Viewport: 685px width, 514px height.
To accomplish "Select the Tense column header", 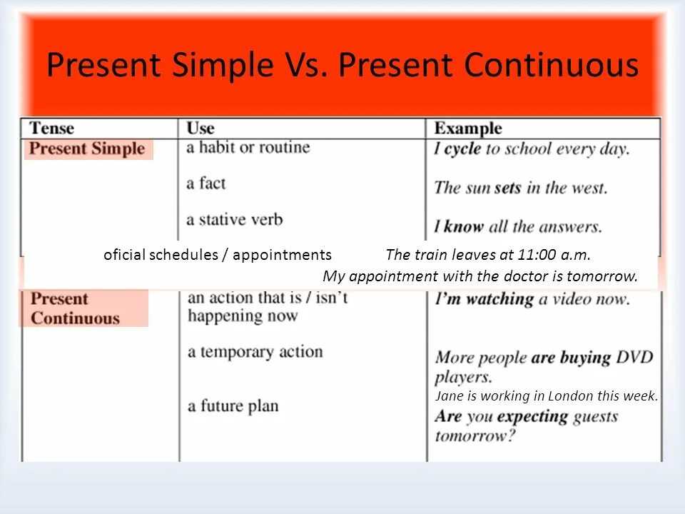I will pyautogui.click(x=51, y=128).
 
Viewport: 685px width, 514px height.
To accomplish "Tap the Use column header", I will pyautogui.click(x=201, y=128).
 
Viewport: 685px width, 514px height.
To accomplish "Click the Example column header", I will pyautogui.click(x=468, y=128).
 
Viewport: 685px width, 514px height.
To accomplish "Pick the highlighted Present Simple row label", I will pyautogui.click(x=88, y=149).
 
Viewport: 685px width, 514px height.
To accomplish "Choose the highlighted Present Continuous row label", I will pyautogui.click(x=75, y=308).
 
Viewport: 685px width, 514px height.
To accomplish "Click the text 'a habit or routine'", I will pyautogui.click(x=248, y=148).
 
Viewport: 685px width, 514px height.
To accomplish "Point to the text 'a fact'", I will pyautogui.click(x=205, y=183).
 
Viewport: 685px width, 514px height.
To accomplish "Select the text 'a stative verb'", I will pyautogui.click(x=234, y=219).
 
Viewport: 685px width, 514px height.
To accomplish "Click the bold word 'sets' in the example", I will pyautogui.click(x=507, y=188).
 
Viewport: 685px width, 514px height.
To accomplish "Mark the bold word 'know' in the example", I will pyautogui.click(x=464, y=227).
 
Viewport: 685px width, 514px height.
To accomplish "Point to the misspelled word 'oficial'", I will pyautogui.click(x=125, y=255).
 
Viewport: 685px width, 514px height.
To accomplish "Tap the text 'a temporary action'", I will pyautogui.click(x=255, y=352).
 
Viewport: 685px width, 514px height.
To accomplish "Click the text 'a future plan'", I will pyautogui.click(x=233, y=406).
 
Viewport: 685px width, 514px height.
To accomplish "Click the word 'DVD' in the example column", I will pyautogui.click(x=634, y=358).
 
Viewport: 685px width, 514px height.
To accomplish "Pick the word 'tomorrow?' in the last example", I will pyautogui.click(x=475, y=435).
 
